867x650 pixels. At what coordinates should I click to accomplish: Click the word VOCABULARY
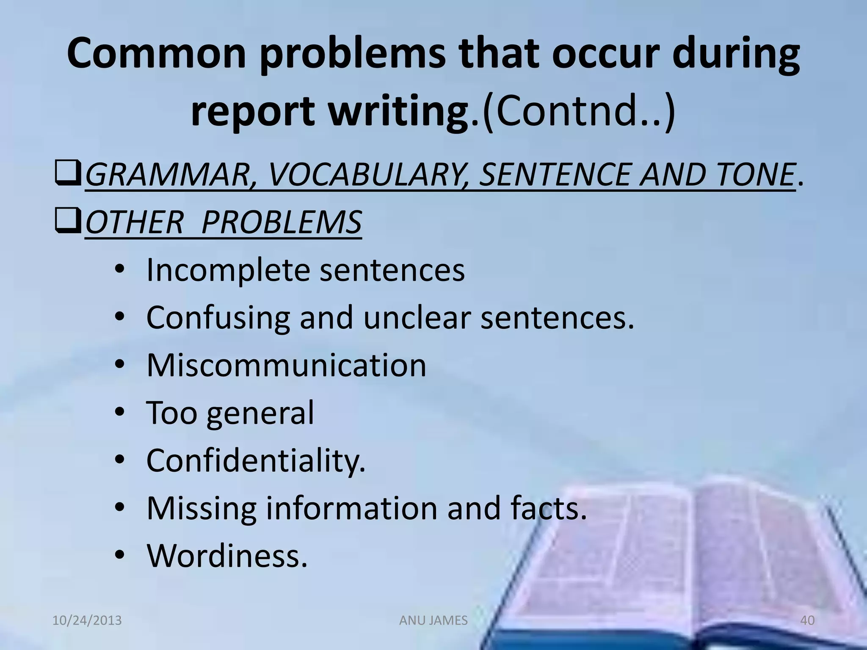tap(366, 175)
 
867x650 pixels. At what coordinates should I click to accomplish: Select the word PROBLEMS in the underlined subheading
tap(282, 222)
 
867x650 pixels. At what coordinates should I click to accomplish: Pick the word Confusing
tap(218, 318)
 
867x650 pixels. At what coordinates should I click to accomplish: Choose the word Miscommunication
tap(286, 365)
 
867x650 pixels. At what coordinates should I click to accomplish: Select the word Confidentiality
tap(255, 460)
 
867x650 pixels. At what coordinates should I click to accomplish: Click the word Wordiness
tap(226, 555)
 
